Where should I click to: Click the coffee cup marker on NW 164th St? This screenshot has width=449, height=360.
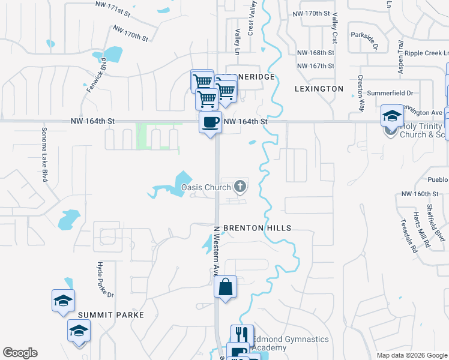210,123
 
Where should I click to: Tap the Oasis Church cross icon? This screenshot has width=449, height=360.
240,187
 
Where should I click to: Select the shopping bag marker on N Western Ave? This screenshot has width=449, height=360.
225,287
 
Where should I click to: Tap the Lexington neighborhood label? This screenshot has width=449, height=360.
319,89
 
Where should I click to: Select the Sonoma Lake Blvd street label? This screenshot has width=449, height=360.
44,154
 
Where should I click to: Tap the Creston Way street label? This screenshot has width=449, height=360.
361,93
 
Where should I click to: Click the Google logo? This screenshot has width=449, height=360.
20,353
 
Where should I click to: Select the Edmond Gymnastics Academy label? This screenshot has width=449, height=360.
290,343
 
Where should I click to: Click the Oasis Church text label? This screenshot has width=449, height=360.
206,187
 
